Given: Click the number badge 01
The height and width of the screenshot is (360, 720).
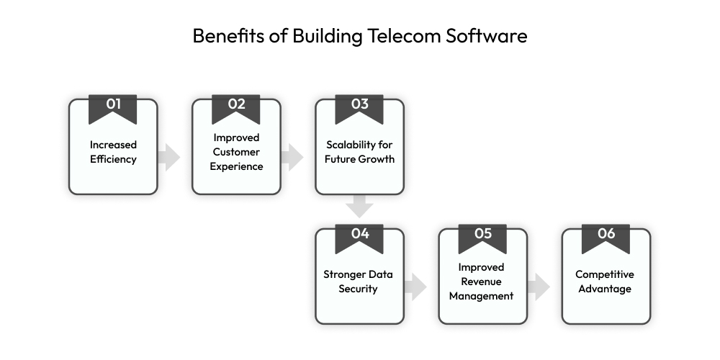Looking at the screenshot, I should (x=113, y=105).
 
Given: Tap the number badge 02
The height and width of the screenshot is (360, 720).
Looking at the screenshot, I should (x=236, y=105).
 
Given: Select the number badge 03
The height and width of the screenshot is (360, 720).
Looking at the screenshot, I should (x=359, y=105).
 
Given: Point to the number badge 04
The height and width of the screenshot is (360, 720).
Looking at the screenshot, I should (x=359, y=234).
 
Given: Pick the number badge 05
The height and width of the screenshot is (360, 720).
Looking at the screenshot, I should (x=482, y=234).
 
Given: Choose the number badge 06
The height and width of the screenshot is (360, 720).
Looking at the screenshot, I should (x=606, y=234).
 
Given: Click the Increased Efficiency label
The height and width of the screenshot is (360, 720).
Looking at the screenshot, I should (x=113, y=152).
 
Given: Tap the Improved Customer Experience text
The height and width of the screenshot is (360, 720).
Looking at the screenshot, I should (x=236, y=152).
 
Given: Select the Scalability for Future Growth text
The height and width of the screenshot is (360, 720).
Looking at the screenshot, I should (x=359, y=152).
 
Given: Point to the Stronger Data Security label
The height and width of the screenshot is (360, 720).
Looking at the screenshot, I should (x=359, y=282).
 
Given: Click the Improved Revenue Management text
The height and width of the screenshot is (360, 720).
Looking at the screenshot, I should (x=482, y=282).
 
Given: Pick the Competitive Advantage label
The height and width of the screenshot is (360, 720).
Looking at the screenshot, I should (x=606, y=282).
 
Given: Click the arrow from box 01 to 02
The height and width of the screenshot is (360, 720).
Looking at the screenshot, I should (x=169, y=156).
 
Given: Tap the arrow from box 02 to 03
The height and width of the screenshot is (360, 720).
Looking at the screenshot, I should (x=292, y=156).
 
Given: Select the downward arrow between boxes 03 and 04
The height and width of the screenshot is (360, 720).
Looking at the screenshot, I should (x=359, y=207).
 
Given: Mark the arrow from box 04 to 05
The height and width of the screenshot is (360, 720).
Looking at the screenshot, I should (x=415, y=286).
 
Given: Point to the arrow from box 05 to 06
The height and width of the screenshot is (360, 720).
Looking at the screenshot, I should (x=539, y=286).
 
